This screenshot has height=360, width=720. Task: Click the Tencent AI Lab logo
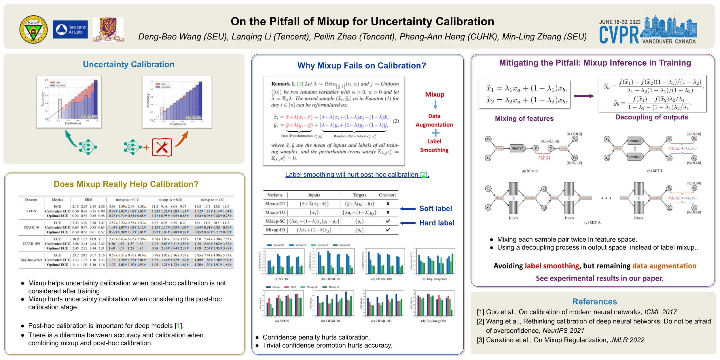click(70, 29)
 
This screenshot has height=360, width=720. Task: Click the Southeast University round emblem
click(34, 29)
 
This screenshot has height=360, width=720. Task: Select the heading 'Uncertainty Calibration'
click(128, 64)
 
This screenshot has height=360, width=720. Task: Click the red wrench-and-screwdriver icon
click(162, 147)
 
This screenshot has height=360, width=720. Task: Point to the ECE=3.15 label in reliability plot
click(89, 116)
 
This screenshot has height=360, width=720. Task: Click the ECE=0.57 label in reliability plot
click(194, 117)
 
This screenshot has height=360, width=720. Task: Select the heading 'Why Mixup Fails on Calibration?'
click(361, 66)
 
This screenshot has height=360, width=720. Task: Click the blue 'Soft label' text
click(435, 209)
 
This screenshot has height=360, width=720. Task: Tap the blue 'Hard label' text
click(437, 223)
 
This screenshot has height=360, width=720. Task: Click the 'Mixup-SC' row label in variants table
click(275, 221)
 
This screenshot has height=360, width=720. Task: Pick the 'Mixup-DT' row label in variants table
click(275, 204)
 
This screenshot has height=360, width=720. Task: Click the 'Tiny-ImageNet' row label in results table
click(31, 260)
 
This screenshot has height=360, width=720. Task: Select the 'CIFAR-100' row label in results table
click(31, 244)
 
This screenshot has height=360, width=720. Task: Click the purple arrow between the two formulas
click(584, 96)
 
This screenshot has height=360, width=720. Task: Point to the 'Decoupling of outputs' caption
click(651, 117)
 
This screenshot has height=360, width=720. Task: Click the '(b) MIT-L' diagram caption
click(655, 171)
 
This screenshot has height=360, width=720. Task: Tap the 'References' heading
click(594, 302)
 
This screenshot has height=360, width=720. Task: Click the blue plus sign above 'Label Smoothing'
click(435, 133)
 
